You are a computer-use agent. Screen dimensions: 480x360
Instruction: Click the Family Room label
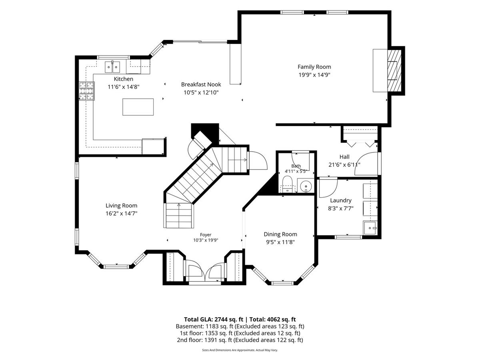(314, 67)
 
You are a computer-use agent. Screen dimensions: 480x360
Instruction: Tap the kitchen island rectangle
(138, 107)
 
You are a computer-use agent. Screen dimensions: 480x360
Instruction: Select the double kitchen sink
(112, 67)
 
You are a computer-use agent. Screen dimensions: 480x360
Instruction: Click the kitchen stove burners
(86, 91)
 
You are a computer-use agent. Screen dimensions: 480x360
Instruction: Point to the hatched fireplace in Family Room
(394, 71)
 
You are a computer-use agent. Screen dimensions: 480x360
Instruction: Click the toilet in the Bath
(287, 185)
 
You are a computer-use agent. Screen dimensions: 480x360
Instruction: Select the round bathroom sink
(306, 186)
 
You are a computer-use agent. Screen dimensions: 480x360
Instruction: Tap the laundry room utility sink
(370, 228)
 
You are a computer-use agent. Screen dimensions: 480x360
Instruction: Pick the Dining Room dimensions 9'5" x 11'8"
(280, 242)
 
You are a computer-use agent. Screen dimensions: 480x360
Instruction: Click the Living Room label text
(121, 206)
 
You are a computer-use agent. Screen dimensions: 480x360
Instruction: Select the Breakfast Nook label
(201, 84)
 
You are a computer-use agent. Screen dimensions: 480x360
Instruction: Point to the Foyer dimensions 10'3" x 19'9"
(206, 240)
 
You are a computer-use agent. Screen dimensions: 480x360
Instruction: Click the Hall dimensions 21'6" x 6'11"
(344, 164)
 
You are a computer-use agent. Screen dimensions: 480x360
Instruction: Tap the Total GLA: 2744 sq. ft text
(214, 319)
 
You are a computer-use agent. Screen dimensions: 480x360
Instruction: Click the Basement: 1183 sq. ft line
(240, 326)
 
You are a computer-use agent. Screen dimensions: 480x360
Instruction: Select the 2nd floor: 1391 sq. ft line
(240, 340)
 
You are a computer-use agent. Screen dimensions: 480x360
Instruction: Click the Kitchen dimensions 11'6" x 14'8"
(124, 87)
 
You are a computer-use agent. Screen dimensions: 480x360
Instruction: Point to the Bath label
(296, 166)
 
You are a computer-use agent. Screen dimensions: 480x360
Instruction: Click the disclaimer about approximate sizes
(240, 350)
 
